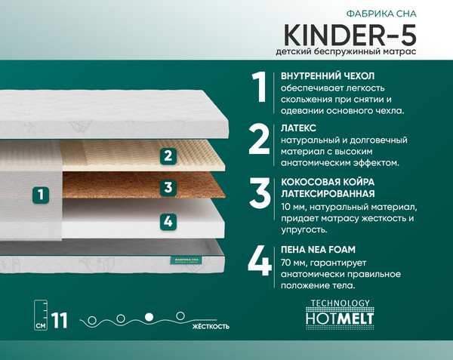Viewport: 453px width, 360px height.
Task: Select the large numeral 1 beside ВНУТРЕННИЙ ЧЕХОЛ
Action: click(x=260, y=88)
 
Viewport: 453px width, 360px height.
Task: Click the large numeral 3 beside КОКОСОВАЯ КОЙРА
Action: click(x=260, y=192)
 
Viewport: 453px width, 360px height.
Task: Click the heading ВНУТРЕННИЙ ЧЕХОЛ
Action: click(x=327, y=76)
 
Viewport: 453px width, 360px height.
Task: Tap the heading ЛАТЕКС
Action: click(x=297, y=129)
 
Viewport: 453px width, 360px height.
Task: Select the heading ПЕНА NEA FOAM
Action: click(x=317, y=249)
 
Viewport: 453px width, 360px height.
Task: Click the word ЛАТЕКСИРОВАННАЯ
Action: click(x=328, y=194)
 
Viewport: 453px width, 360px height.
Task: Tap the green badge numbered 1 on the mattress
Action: click(x=42, y=194)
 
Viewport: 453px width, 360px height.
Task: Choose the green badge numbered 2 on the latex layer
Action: click(x=168, y=156)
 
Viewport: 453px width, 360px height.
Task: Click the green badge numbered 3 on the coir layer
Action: click(x=168, y=187)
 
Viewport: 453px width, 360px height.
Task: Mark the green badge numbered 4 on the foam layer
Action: click(x=168, y=221)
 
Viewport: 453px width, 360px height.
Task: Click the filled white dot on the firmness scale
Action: click(x=149, y=315)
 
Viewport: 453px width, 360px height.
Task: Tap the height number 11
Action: click(x=59, y=320)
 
